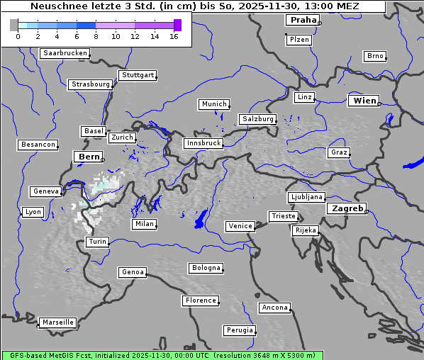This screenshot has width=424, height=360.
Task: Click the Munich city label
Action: pyautogui.click(x=214, y=104)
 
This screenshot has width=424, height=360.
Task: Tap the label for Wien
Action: pyautogui.click(x=364, y=101)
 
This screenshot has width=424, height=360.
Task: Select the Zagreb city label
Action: pyautogui.click(x=347, y=208)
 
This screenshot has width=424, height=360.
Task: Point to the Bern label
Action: pyautogui.click(x=89, y=156)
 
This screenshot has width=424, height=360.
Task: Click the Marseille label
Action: pyautogui.click(x=57, y=322)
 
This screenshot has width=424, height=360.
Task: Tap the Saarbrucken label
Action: pyautogui.click(x=65, y=53)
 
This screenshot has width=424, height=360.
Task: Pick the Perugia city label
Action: pyautogui.click(x=240, y=330)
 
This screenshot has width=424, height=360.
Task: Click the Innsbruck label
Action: pyautogui.click(x=203, y=143)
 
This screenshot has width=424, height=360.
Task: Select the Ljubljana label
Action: pyautogui.click(x=306, y=197)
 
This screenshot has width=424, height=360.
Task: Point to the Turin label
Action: pyautogui.click(x=97, y=242)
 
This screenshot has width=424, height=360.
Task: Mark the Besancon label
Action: pyautogui.click(x=38, y=145)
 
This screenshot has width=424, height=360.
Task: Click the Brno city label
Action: pyautogui.click(x=374, y=56)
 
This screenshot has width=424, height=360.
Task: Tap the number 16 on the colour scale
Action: pyautogui.click(x=174, y=36)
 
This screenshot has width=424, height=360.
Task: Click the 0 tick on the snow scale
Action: pyautogui.click(x=18, y=36)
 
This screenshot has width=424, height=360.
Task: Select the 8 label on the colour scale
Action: pyautogui.click(x=96, y=36)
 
